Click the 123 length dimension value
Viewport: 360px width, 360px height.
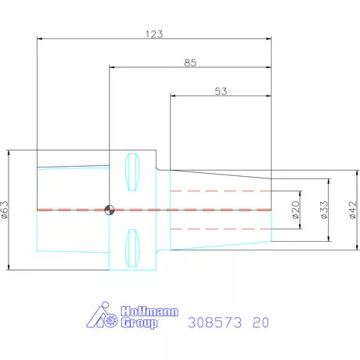click(154, 34)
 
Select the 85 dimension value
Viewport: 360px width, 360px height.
click(190, 63)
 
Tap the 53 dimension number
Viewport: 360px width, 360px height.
click(221, 92)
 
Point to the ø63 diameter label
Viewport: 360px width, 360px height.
click(5, 210)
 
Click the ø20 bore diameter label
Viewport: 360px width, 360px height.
click(295, 210)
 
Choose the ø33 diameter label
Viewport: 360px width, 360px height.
click(324, 210)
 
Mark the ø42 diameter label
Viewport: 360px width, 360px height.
click(352, 210)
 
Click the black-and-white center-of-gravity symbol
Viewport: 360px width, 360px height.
click(110, 210)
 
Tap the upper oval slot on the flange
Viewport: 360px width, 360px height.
click(132, 171)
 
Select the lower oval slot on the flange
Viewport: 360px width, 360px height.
click(132, 248)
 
